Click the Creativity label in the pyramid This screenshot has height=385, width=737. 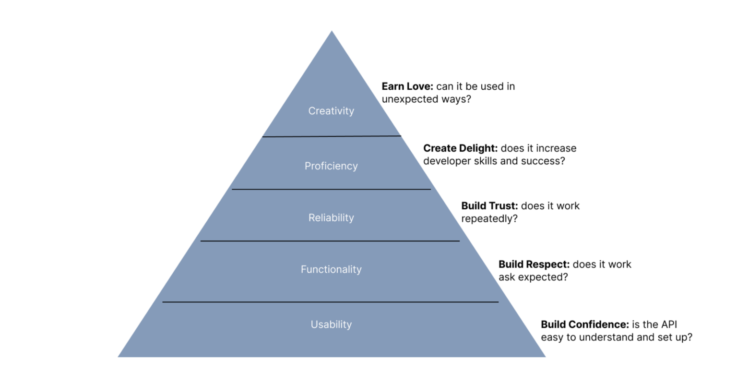coord(331,111)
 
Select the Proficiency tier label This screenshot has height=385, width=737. coord(331,166)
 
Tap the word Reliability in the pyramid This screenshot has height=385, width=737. coord(331,218)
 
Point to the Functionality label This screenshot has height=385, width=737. coord(331,270)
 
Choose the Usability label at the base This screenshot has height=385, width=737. coord(331,325)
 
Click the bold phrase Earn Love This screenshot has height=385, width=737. coord(407,86)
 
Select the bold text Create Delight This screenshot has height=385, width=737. coord(460,148)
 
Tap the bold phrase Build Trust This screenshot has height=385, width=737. coord(489,206)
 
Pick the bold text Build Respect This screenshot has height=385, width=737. coord(534,265)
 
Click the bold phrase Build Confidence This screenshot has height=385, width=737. coord(584,325)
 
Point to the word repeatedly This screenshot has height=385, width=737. coord(489,219)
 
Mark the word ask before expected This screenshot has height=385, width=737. coord(507,277)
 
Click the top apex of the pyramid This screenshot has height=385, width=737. coord(332,32)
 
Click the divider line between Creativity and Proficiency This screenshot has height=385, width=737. coord(332,136)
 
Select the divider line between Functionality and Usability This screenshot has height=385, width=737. coord(331,302)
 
